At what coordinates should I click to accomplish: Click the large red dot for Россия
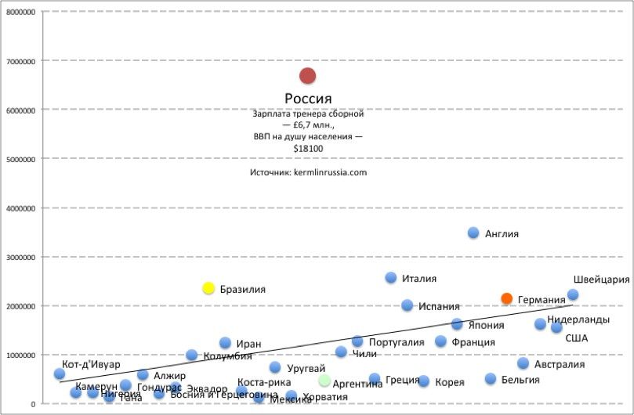click(307, 76)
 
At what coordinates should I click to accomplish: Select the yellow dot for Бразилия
click(208, 288)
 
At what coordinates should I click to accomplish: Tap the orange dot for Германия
click(507, 298)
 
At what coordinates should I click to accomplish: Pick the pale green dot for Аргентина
click(324, 381)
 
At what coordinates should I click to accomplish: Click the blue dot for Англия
click(473, 233)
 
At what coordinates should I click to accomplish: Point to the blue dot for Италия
click(391, 277)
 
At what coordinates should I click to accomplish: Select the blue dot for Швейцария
click(573, 294)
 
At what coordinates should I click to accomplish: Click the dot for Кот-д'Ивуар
click(60, 374)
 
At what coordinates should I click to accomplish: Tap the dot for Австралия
click(523, 363)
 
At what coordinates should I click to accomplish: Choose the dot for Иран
click(225, 343)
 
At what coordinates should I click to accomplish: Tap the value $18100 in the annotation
click(308, 147)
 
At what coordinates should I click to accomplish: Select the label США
click(576, 338)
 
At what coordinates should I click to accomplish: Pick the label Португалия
click(396, 342)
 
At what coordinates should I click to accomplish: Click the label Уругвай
click(306, 368)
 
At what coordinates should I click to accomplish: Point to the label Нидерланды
click(578, 319)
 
